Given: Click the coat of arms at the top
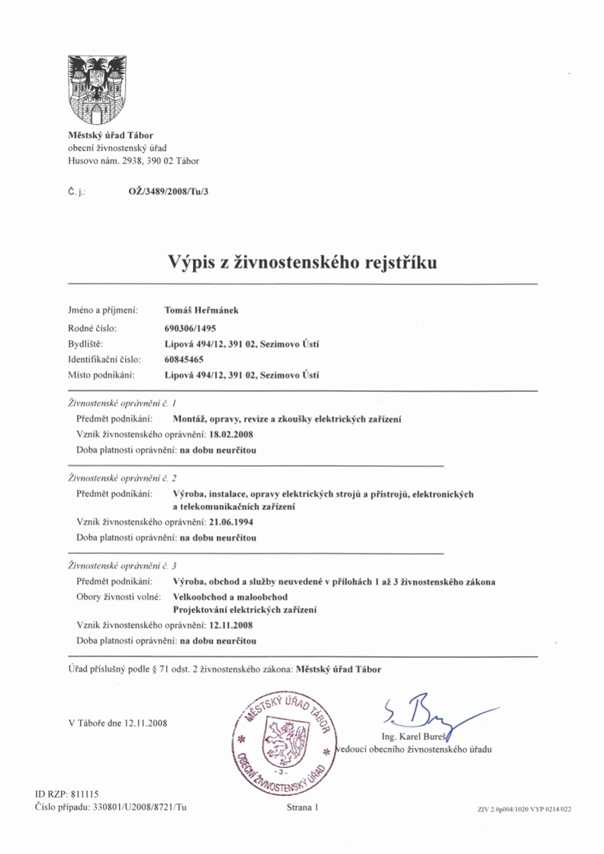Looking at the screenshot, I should [97, 89].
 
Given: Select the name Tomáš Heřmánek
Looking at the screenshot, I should [202, 310].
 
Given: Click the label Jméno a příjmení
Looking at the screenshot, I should [103, 310].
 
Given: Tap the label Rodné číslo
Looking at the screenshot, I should [92, 327].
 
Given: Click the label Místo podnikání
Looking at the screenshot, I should [101, 374].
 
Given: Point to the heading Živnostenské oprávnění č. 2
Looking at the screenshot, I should [122, 478].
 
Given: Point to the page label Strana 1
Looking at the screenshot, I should [301, 806].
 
